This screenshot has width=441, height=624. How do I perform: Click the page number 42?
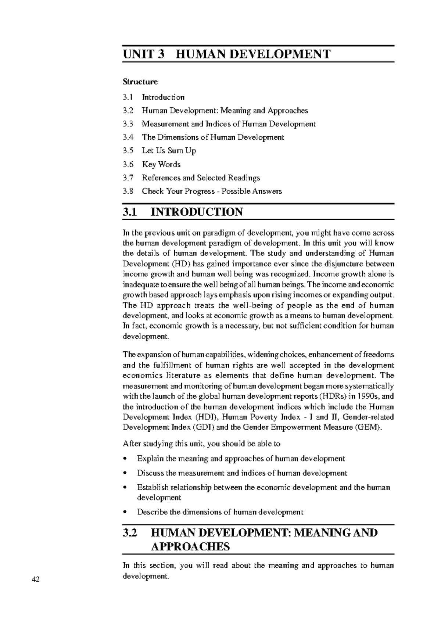pyautogui.click(x=35, y=580)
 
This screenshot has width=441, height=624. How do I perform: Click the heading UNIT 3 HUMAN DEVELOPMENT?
pyautogui.click(x=226, y=54)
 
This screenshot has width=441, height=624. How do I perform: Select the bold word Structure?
pyautogui.click(x=140, y=82)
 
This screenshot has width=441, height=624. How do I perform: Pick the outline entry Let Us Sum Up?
pyautogui.click(x=169, y=151)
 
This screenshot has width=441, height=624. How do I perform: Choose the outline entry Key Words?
pyautogui.click(x=161, y=164)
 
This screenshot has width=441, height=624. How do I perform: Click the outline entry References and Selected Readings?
pyautogui.click(x=201, y=178)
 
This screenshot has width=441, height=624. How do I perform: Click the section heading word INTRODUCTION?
pyautogui.click(x=197, y=212)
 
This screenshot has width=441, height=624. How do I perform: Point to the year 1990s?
pyautogui.click(x=368, y=397)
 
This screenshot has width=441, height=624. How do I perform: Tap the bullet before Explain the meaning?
pyautogui.click(x=125, y=459)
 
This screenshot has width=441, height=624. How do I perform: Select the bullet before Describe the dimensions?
pyautogui.click(x=125, y=512)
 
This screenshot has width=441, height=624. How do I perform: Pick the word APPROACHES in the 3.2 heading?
pyautogui.click(x=190, y=547)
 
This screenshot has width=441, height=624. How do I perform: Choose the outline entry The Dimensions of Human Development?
pyautogui.click(x=213, y=137)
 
